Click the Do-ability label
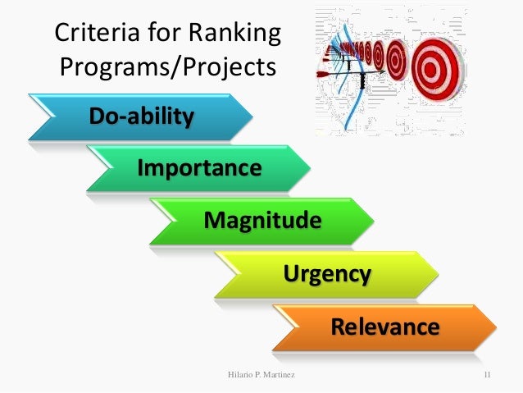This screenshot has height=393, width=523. [142, 116]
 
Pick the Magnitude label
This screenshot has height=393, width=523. [262, 221]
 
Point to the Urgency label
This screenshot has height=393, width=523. [327, 273]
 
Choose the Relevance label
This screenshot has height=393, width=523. [384, 327]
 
